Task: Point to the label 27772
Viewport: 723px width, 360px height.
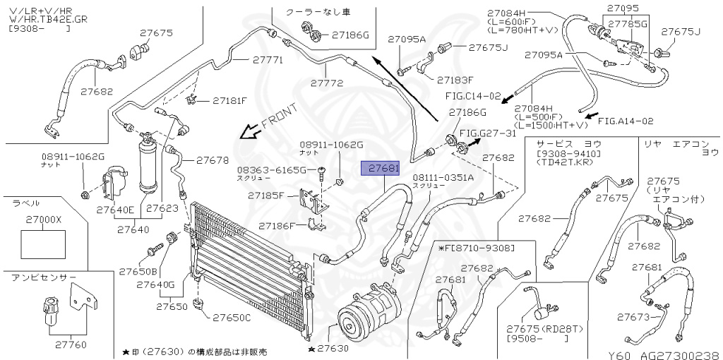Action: pyautogui.click(x=326, y=83)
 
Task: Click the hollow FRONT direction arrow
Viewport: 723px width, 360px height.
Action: pyautogui.click(x=249, y=131)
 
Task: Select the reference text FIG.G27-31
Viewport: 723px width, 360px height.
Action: pyautogui.click(x=488, y=133)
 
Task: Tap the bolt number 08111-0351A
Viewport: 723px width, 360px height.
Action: pyautogui.click(x=443, y=177)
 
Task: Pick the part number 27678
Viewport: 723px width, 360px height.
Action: pyautogui.click(x=213, y=160)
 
